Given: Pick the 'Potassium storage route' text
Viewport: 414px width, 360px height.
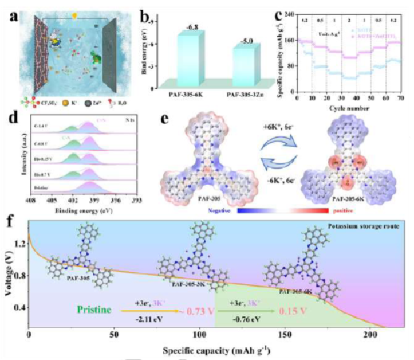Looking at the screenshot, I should [x=366, y=228].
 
